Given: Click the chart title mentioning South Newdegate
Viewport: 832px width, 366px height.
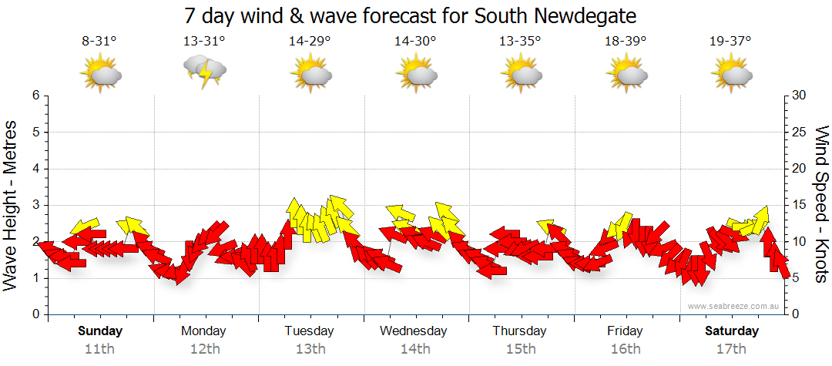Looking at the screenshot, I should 411,15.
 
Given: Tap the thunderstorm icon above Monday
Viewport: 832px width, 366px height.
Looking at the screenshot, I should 204,72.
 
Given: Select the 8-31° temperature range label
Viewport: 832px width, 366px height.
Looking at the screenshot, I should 99,42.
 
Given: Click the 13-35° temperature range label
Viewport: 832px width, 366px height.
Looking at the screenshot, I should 520,42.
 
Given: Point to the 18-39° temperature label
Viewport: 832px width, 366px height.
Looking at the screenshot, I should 626,42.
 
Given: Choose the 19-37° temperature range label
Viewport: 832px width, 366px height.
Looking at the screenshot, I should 730,42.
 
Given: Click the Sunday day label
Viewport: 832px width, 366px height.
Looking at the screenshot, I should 100,331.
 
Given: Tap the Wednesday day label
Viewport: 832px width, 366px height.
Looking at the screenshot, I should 414,331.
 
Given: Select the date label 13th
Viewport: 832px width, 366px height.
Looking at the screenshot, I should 310,348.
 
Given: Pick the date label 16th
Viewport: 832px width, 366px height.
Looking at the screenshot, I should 625,348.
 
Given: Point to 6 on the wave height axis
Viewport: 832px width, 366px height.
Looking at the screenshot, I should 35,96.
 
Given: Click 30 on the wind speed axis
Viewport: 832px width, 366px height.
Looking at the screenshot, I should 799,96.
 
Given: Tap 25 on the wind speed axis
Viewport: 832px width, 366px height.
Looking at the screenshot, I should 799,133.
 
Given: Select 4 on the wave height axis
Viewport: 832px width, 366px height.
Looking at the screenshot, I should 35,169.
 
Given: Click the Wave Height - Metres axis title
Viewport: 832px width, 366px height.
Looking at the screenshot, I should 12,205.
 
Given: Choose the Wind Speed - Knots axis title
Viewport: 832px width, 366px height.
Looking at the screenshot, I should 820,205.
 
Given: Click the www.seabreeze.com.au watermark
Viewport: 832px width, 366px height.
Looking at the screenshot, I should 734,306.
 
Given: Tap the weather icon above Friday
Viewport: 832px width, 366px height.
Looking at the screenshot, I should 626,75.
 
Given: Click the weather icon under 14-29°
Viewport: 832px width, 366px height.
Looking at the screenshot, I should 310,75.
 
